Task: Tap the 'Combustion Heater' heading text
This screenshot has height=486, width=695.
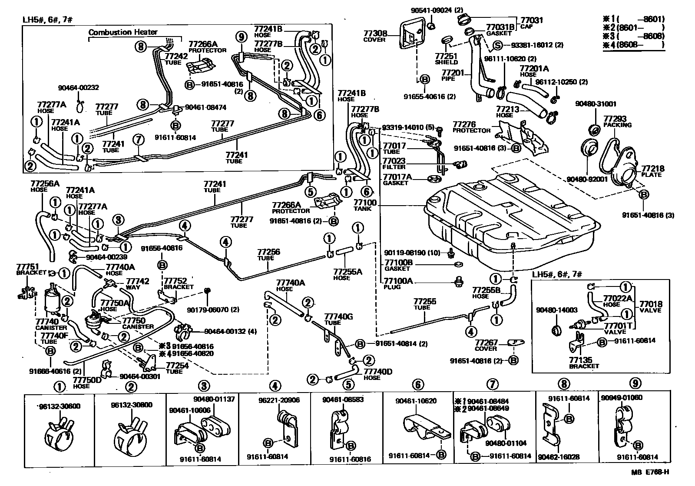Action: [x=123, y=32]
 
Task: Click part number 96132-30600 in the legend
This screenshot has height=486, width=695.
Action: [x=60, y=406]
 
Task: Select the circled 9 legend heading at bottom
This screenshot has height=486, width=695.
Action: [x=635, y=383]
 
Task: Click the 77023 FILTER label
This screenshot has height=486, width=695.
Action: [x=394, y=163]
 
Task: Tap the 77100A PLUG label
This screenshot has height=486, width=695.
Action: [x=397, y=283]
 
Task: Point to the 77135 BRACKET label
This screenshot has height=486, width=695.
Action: [x=583, y=363]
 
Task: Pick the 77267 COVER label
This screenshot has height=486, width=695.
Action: [x=486, y=345]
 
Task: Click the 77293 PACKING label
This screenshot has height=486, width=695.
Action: [x=617, y=121]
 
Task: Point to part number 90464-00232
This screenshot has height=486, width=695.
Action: [x=79, y=87]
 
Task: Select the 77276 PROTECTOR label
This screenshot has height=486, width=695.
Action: [x=471, y=127]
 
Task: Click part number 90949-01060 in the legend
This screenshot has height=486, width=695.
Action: [x=622, y=397]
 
